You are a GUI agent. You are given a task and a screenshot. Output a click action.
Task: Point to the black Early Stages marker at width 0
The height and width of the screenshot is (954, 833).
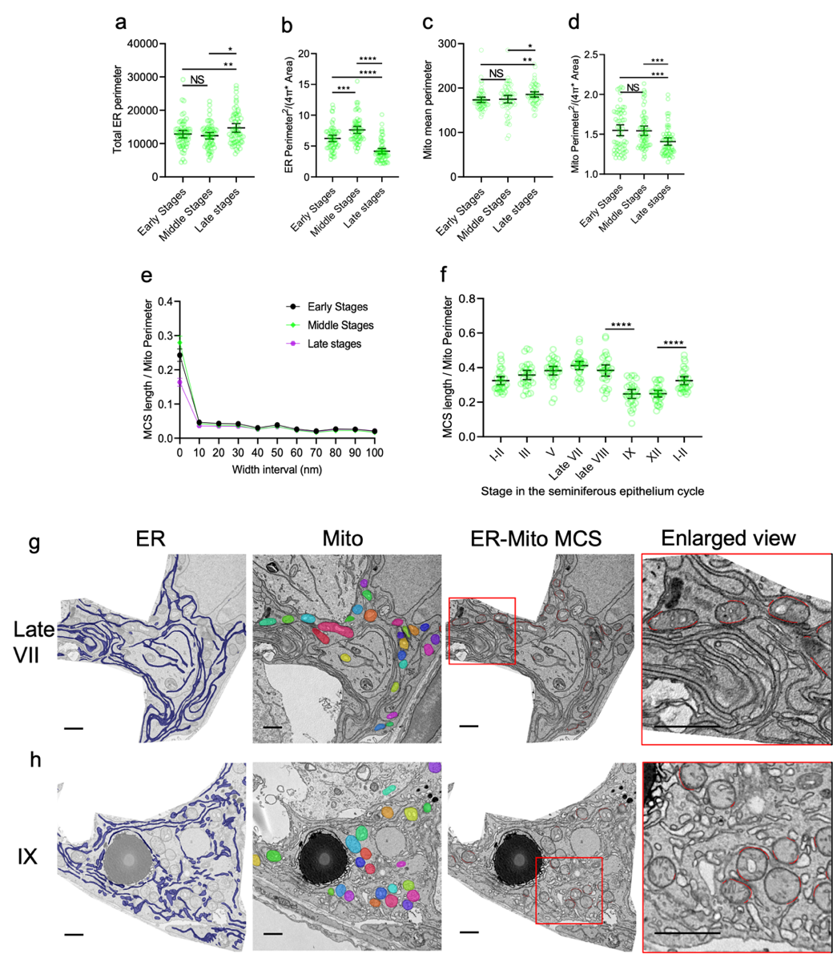179,355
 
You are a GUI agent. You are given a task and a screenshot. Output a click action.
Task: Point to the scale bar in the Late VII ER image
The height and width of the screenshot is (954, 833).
74,728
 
